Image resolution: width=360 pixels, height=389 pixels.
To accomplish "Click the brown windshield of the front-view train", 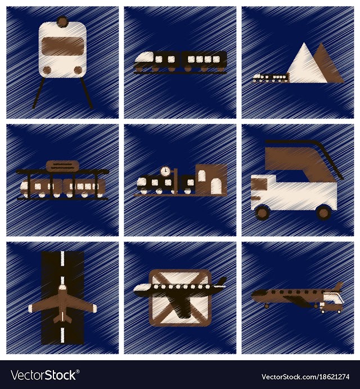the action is [62, 46].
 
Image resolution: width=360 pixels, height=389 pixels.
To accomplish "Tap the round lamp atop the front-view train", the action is [62, 21].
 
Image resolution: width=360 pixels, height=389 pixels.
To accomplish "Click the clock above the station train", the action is [165, 171].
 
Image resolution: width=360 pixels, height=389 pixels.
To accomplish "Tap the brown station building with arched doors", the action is [211, 179].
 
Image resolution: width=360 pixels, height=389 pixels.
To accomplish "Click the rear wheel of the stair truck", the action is [324, 213].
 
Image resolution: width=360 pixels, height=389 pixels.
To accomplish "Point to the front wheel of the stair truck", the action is [262, 213].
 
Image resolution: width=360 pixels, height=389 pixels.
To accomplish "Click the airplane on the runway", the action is [62, 305].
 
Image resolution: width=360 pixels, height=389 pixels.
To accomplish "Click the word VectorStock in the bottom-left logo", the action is [44, 375].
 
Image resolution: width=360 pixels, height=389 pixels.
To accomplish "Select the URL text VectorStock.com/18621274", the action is [305, 377].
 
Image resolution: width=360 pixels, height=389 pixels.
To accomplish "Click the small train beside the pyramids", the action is [271, 78].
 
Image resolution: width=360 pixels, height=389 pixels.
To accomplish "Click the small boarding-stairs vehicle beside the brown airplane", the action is [331, 302].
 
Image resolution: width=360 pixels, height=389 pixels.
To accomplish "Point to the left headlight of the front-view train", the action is [47, 70].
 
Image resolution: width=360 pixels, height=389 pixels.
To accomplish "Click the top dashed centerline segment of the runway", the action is [62, 258].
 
